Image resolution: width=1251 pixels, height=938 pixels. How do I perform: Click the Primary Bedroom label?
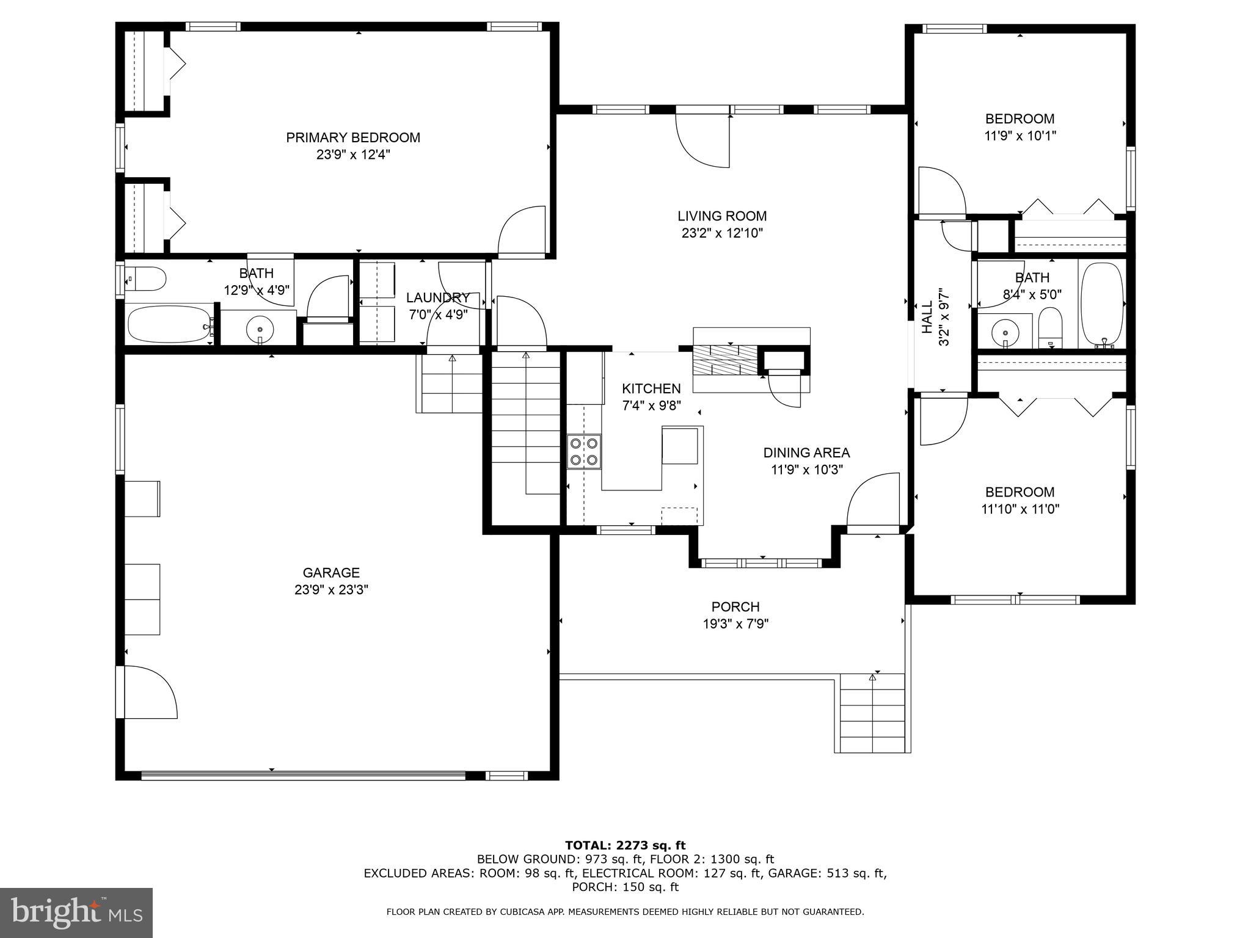353,137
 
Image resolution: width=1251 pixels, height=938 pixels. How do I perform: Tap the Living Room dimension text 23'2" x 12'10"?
722,233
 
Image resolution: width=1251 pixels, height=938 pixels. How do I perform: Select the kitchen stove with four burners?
584,451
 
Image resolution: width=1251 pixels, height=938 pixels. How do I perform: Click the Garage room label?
331,573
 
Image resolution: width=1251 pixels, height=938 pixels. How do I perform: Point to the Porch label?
735,607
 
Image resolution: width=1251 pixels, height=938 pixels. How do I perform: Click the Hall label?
927,317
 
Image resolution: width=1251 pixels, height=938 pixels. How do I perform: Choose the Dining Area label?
806,453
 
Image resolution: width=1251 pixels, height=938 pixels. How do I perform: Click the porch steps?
872,713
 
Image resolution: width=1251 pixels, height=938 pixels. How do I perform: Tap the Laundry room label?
438,297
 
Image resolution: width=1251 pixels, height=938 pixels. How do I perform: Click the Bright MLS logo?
76,912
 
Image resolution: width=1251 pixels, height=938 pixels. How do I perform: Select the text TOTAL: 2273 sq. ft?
625,845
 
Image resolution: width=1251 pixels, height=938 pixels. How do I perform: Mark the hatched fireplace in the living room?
724,360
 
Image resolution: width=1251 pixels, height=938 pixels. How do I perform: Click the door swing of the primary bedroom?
523,231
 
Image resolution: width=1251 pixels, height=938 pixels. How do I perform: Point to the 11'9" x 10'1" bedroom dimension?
1020,136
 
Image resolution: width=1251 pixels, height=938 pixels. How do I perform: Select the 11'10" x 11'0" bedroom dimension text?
1020,509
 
